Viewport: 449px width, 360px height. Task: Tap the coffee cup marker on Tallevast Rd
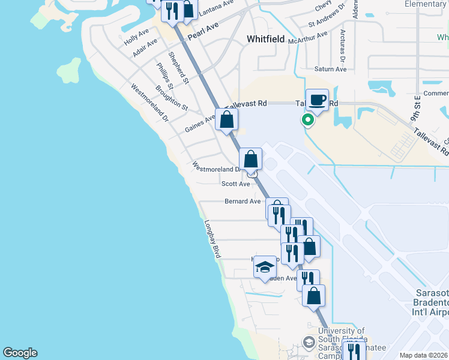tap(317, 100)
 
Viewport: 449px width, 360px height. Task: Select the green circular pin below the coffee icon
tap(308, 120)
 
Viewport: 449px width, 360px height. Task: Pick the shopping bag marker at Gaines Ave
tap(227, 119)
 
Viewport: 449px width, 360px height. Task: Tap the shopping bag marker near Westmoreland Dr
tap(250, 160)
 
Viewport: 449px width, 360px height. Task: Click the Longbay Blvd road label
tap(212, 239)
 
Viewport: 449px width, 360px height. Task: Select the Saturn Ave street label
tap(331, 69)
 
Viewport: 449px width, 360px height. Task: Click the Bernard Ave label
tap(243, 202)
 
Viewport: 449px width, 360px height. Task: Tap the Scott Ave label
tap(235, 184)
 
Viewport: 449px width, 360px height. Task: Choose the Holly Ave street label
tap(136, 37)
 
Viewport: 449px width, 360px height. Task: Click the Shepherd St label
tap(179, 67)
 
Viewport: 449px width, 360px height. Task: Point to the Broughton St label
tap(172, 98)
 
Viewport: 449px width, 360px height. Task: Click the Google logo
tap(20, 353)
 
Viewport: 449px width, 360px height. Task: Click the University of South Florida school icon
tap(309, 343)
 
